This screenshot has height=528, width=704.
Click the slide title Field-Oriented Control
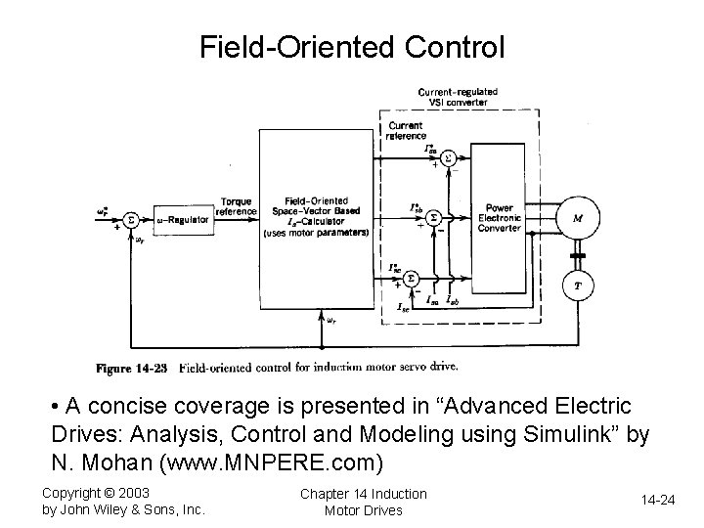coord(352,46)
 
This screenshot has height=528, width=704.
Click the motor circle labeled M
coord(577,218)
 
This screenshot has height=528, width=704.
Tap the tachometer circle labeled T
coord(577,286)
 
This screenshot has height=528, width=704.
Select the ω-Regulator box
coord(181,220)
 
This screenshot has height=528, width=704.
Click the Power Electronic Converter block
coord(499,218)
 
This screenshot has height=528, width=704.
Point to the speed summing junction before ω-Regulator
coord(131,220)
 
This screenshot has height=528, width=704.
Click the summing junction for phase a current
coord(448,156)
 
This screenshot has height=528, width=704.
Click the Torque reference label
coord(238,206)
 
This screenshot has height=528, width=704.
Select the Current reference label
coord(406,131)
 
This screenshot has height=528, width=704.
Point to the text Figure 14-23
coord(130,369)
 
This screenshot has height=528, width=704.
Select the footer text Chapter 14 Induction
coord(363,493)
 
